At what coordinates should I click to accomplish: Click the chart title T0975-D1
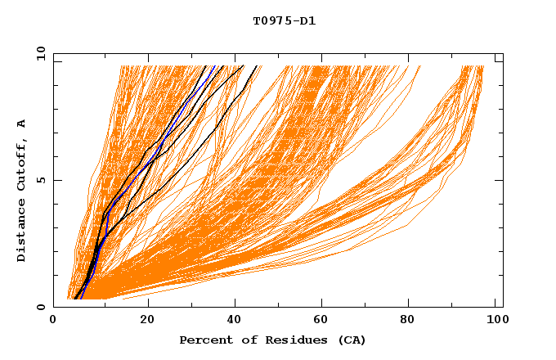(284, 20)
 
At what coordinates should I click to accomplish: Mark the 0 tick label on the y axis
(40, 307)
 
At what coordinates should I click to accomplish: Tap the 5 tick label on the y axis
(40, 180)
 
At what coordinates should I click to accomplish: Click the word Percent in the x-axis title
(203, 340)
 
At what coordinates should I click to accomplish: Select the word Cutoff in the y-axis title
(22, 163)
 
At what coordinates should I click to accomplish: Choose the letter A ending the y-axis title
(22, 124)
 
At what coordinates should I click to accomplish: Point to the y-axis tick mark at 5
(56, 180)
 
